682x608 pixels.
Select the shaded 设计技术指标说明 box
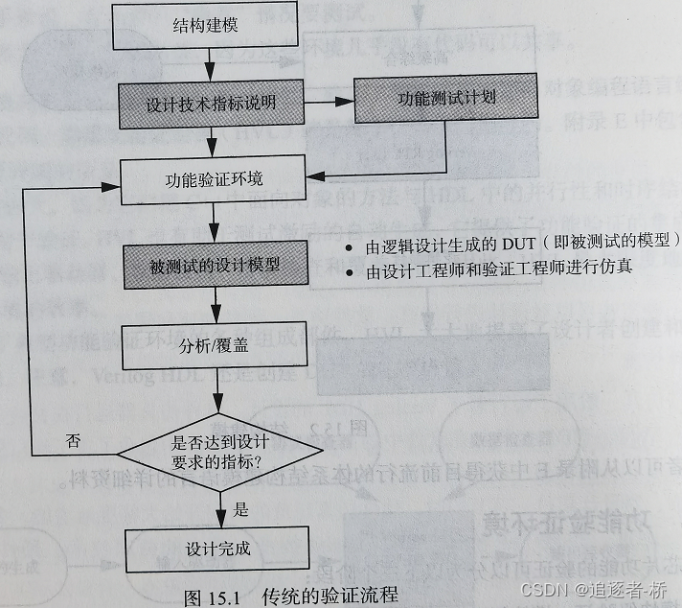click(x=211, y=103)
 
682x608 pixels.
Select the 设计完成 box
click(x=218, y=549)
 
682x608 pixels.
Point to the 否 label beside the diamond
click(x=74, y=440)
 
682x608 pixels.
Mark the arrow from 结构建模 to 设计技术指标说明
click(x=213, y=67)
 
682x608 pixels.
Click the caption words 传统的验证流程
click(x=328, y=596)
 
